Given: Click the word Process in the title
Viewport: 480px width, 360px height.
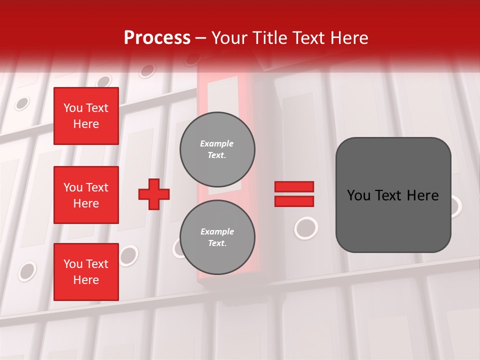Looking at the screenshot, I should pyautogui.click(x=157, y=38).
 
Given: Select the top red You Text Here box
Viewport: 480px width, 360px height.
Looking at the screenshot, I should pyautogui.click(x=86, y=116).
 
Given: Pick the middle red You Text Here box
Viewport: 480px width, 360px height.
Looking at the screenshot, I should pyautogui.click(x=86, y=195).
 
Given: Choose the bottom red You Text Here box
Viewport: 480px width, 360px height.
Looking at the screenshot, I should pyautogui.click(x=86, y=272).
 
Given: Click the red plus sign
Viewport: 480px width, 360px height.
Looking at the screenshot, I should pyautogui.click(x=154, y=194).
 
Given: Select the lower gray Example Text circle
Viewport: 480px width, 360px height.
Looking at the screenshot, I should pyautogui.click(x=217, y=237).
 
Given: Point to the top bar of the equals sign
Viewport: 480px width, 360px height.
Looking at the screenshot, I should pyautogui.click(x=294, y=186).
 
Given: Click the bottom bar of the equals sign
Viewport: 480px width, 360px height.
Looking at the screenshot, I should pyautogui.click(x=294, y=201).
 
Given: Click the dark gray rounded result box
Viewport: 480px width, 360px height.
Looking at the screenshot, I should pyautogui.click(x=393, y=195).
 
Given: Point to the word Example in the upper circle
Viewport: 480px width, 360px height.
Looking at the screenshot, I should pyautogui.click(x=217, y=144).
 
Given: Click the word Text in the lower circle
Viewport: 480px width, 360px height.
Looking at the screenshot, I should pyautogui.click(x=216, y=243).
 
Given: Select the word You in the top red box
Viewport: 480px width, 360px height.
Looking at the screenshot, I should pyautogui.click(x=73, y=108).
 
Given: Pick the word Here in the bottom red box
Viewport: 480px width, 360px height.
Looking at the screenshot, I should pyautogui.click(x=86, y=280).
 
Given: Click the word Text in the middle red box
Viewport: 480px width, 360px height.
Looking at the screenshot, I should pyautogui.click(x=96, y=187).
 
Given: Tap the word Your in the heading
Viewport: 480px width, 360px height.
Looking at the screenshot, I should pyautogui.click(x=229, y=38).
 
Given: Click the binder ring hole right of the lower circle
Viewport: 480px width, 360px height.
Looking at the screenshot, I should pyautogui.click(x=306, y=228).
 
